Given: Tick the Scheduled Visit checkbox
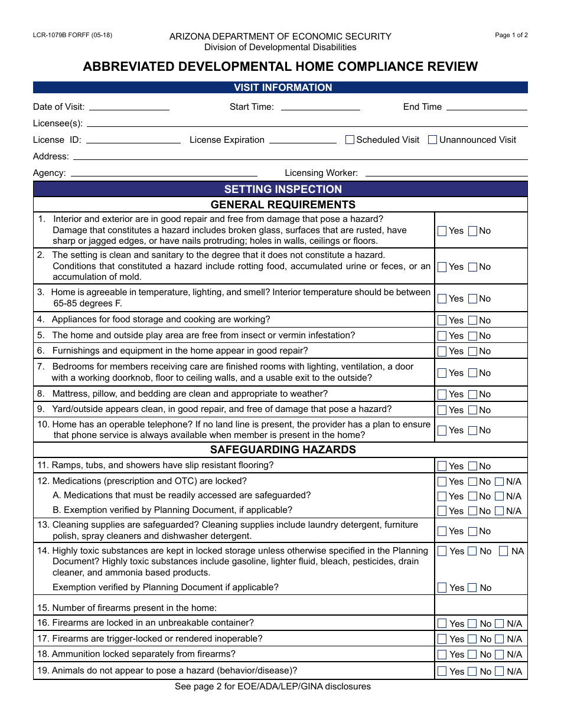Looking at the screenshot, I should [x=350, y=140].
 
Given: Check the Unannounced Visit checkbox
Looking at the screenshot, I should [x=432, y=140].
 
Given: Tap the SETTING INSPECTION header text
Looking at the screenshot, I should [x=283, y=189].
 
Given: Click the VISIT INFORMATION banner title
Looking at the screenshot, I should [x=283, y=87].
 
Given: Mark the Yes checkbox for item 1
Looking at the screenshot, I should [x=442, y=231].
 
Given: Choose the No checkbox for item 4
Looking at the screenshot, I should [x=472, y=321].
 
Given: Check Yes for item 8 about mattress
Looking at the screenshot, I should [x=442, y=394].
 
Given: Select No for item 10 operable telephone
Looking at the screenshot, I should [x=472, y=430].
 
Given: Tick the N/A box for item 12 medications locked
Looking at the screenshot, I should [x=500, y=482].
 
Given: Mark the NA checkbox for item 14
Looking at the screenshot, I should [x=503, y=551].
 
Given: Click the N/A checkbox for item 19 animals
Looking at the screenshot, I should [x=500, y=671].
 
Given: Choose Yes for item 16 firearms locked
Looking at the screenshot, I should [x=442, y=624].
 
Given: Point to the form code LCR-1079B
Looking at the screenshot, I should [x=72, y=35].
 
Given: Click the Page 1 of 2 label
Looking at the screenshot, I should [x=511, y=35].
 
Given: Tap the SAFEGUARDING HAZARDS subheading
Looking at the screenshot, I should [x=283, y=450].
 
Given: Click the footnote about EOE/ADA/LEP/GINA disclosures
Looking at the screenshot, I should [x=273, y=686].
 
